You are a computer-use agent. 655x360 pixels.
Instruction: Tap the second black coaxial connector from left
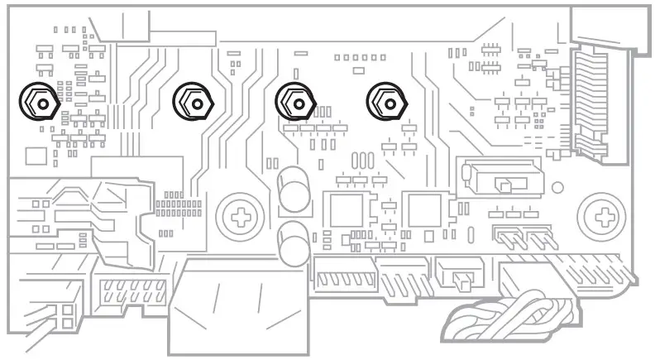(194, 102)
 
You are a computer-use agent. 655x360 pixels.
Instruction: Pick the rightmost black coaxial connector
(386, 102)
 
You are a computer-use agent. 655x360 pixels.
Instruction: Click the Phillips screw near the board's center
(241, 218)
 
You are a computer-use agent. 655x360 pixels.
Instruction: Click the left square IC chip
(347, 210)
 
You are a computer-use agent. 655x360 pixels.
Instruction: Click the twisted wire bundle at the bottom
(504, 314)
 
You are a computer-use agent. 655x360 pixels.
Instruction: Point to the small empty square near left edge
(36, 156)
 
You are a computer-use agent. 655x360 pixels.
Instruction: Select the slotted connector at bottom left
(132, 293)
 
